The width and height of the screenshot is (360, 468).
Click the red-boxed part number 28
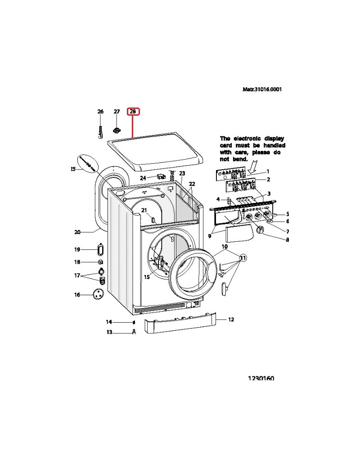coord(133,112)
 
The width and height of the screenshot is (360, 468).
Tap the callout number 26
coord(100,112)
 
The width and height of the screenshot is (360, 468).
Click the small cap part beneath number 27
coord(117,131)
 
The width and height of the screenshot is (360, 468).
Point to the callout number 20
coord(77,232)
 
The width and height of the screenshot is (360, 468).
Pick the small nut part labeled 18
coord(101,262)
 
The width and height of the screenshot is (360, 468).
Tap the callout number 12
coord(231,319)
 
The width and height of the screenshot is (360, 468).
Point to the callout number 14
coord(109,322)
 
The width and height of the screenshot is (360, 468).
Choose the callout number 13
coord(109,333)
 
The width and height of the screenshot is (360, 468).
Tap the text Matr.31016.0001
coord(263,89)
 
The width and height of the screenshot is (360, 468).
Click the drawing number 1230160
coord(261,378)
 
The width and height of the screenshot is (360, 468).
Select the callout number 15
coord(147,277)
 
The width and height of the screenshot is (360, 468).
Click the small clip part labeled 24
coord(159,176)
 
